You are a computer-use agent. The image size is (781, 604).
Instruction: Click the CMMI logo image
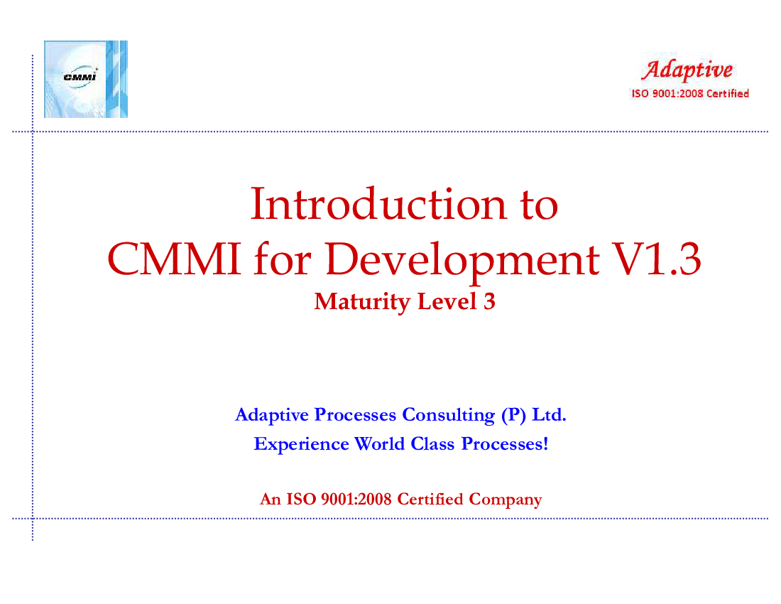click(x=86, y=80)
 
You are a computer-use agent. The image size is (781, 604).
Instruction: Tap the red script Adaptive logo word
click(x=687, y=70)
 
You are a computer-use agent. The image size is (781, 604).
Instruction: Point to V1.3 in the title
click(x=657, y=259)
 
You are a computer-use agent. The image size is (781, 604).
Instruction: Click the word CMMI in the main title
click(x=175, y=259)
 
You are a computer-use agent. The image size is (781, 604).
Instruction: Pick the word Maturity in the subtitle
click(x=362, y=302)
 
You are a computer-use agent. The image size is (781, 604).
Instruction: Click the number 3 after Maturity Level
click(x=489, y=301)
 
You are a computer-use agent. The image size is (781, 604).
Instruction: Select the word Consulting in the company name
click(x=448, y=415)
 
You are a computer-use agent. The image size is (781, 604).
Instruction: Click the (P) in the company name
click(x=513, y=415)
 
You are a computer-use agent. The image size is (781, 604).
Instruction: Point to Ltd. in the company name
click(x=550, y=414)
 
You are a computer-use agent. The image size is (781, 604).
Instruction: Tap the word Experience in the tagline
click(x=301, y=444)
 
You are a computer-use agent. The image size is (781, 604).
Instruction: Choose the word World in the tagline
click(x=380, y=443)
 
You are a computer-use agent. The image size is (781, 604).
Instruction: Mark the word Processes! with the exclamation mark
click(x=505, y=443)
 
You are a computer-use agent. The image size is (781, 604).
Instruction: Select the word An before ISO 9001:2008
click(x=271, y=499)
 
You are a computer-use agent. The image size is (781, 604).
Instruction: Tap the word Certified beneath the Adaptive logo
click(x=728, y=94)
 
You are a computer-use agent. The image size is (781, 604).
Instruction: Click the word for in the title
click(x=283, y=259)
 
